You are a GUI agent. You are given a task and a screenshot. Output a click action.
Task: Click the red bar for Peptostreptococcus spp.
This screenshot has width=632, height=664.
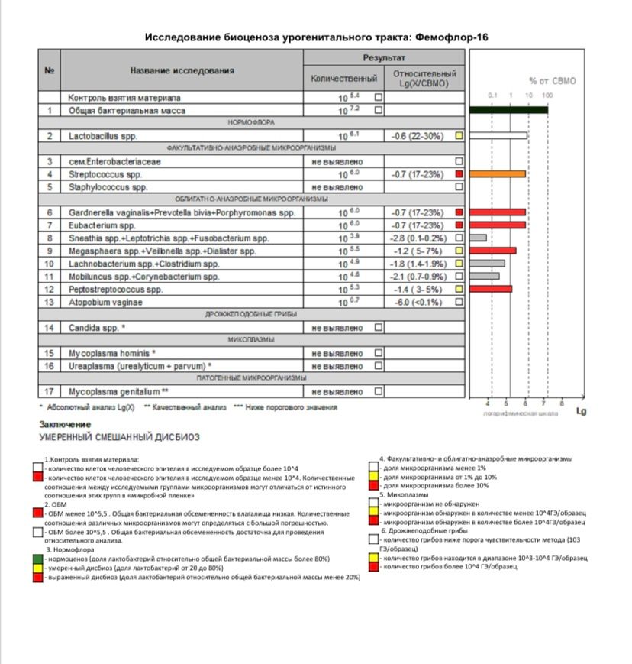click(491, 289)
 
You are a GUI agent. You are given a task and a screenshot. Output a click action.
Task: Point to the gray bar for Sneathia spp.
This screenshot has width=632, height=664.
click(479, 238)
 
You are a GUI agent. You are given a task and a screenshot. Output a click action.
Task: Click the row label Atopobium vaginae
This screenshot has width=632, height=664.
click(105, 302)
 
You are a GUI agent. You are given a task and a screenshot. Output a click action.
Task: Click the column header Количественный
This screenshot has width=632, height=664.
click(343, 79)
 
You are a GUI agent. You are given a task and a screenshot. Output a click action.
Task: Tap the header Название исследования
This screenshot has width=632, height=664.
click(182, 70)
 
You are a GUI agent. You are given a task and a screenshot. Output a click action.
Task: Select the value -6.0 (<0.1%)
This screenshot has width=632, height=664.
click(418, 302)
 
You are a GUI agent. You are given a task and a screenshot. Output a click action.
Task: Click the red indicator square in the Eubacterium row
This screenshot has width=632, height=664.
click(459, 225)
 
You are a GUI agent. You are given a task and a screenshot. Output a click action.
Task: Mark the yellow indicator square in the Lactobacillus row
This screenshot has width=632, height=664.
click(459, 136)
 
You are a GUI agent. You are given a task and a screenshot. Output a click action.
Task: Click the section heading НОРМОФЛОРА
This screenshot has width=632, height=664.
click(251, 123)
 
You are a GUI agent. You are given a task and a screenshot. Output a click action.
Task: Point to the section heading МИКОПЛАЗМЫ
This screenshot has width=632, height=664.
click(251, 340)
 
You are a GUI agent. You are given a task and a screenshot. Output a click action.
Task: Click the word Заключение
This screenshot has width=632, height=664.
click(65, 424)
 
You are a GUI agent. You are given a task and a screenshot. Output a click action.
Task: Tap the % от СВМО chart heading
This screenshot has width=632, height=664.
click(552, 80)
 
